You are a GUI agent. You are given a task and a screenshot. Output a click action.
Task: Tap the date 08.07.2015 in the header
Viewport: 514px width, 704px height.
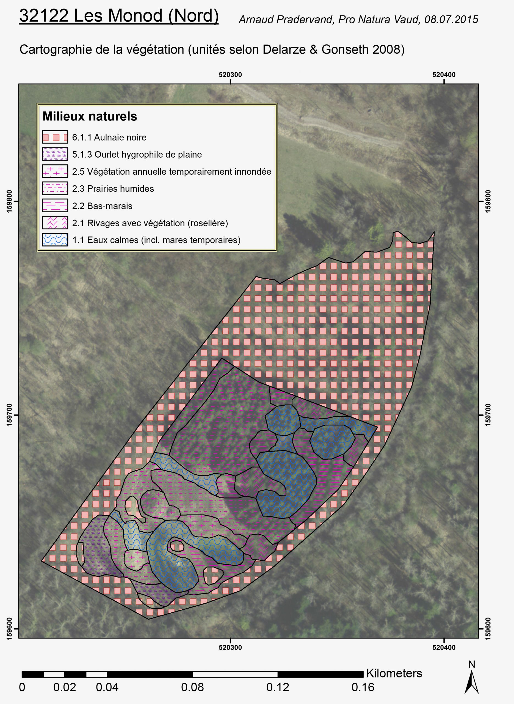[x=451, y=20]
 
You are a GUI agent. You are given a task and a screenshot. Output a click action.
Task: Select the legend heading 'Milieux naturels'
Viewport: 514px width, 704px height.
[x=90, y=116]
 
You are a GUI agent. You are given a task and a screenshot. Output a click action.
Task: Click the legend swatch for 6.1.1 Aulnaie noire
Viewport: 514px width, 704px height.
[x=55, y=137]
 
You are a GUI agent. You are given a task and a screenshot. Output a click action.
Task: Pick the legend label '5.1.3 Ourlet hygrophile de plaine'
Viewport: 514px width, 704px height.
[x=137, y=155]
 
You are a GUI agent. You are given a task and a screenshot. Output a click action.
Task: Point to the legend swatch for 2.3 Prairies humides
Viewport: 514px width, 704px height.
[x=55, y=188]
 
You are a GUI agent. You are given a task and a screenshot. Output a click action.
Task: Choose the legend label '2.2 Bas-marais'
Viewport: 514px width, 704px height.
[x=102, y=206]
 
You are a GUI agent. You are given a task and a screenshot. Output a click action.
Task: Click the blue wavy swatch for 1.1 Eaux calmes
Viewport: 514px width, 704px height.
[x=55, y=240]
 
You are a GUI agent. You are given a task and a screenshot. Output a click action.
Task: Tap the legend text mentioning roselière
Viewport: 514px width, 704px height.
[x=150, y=223]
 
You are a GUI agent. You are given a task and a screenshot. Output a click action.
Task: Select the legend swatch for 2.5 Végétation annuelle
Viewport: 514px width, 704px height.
[x=55, y=171]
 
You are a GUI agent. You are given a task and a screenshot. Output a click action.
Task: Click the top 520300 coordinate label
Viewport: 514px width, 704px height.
[x=230, y=75]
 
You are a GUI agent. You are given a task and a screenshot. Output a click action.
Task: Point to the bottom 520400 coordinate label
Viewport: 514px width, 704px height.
[x=444, y=648]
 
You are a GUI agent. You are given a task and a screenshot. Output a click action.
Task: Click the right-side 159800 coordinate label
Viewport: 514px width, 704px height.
[x=488, y=201]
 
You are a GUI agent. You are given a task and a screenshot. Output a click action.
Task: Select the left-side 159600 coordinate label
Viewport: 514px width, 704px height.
[x=9, y=628]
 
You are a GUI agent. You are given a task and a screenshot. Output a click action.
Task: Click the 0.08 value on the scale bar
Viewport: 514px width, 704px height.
[x=192, y=687]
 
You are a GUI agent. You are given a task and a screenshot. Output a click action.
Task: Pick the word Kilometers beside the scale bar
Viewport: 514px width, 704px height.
[x=394, y=673]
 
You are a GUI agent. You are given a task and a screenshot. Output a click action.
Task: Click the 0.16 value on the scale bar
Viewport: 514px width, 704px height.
[x=363, y=687]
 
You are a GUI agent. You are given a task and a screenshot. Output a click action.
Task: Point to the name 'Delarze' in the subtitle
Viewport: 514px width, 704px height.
[x=284, y=50]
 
